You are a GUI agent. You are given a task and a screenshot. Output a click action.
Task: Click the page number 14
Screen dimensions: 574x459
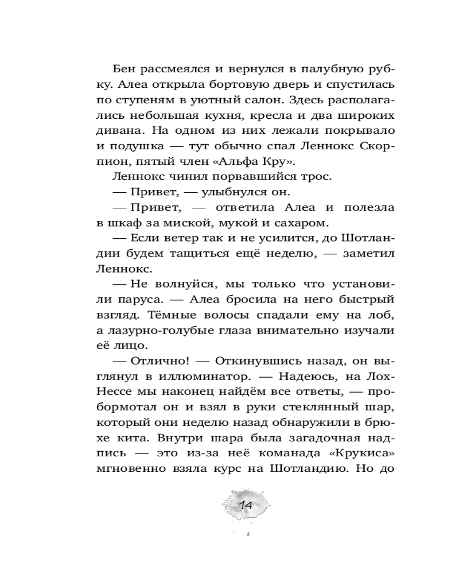[246, 505]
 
